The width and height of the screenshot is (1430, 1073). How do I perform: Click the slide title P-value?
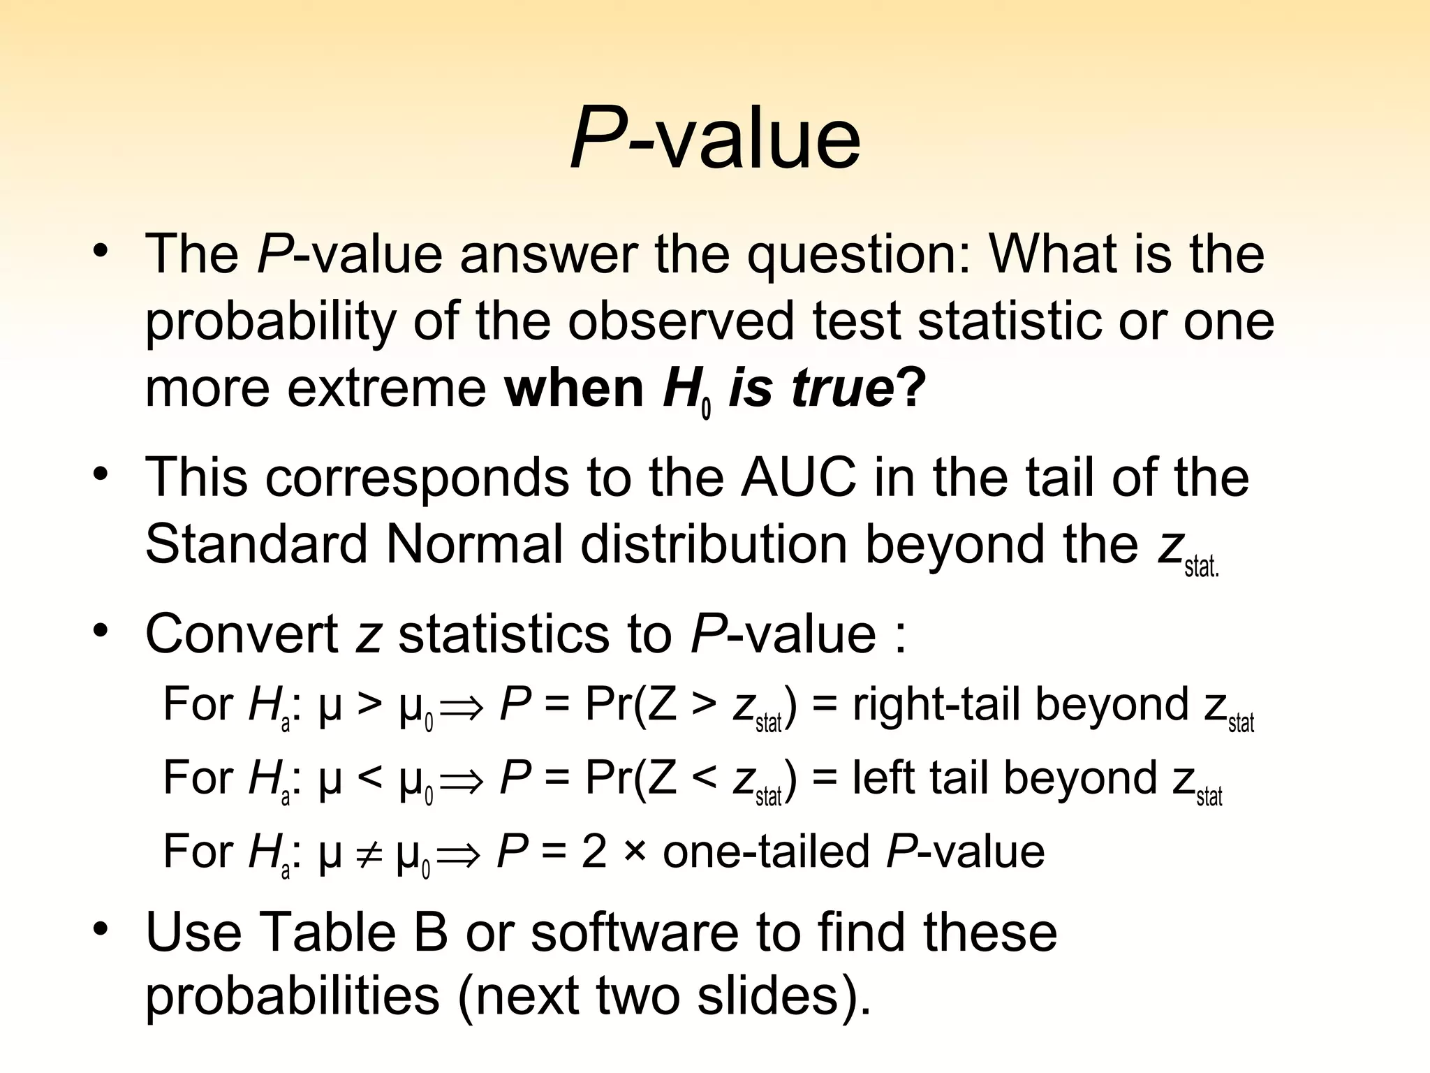tap(715, 140)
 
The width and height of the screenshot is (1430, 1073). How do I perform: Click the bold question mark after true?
tap(911, 387)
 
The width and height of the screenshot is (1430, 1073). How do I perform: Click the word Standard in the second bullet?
tap(256, 544)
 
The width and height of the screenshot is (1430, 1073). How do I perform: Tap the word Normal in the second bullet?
tap(474, 544)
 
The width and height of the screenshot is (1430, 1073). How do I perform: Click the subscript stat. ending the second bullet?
tap(1201, 567)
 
